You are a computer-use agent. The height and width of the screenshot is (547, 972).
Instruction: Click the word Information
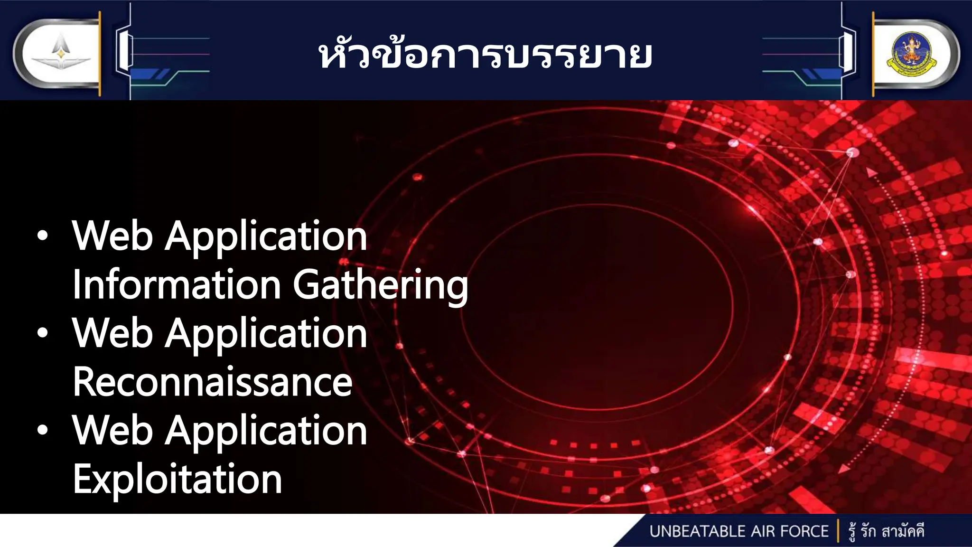coord(177,285)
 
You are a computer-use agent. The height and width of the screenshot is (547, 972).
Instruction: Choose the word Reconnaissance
coord(213,382)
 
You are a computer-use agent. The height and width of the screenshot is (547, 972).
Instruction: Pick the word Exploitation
coord(178,479)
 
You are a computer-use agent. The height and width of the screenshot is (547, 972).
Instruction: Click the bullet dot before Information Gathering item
coord(43,236)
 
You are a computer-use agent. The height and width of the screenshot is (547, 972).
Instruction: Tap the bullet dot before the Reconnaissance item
coord(43,333)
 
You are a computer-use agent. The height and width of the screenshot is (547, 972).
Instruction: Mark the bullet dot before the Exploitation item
coord(43,431)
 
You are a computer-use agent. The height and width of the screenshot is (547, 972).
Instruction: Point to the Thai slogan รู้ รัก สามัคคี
coord(887,531)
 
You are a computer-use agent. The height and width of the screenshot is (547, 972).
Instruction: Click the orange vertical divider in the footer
coord(838,531)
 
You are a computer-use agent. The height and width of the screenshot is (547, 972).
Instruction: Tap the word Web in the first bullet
coord(112,236)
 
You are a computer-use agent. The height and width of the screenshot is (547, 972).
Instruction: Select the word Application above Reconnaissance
coord(266,334)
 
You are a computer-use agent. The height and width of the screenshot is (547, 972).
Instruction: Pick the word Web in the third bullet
coord(112,431)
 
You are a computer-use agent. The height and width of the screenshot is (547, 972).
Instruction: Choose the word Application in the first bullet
coord(266,237)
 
